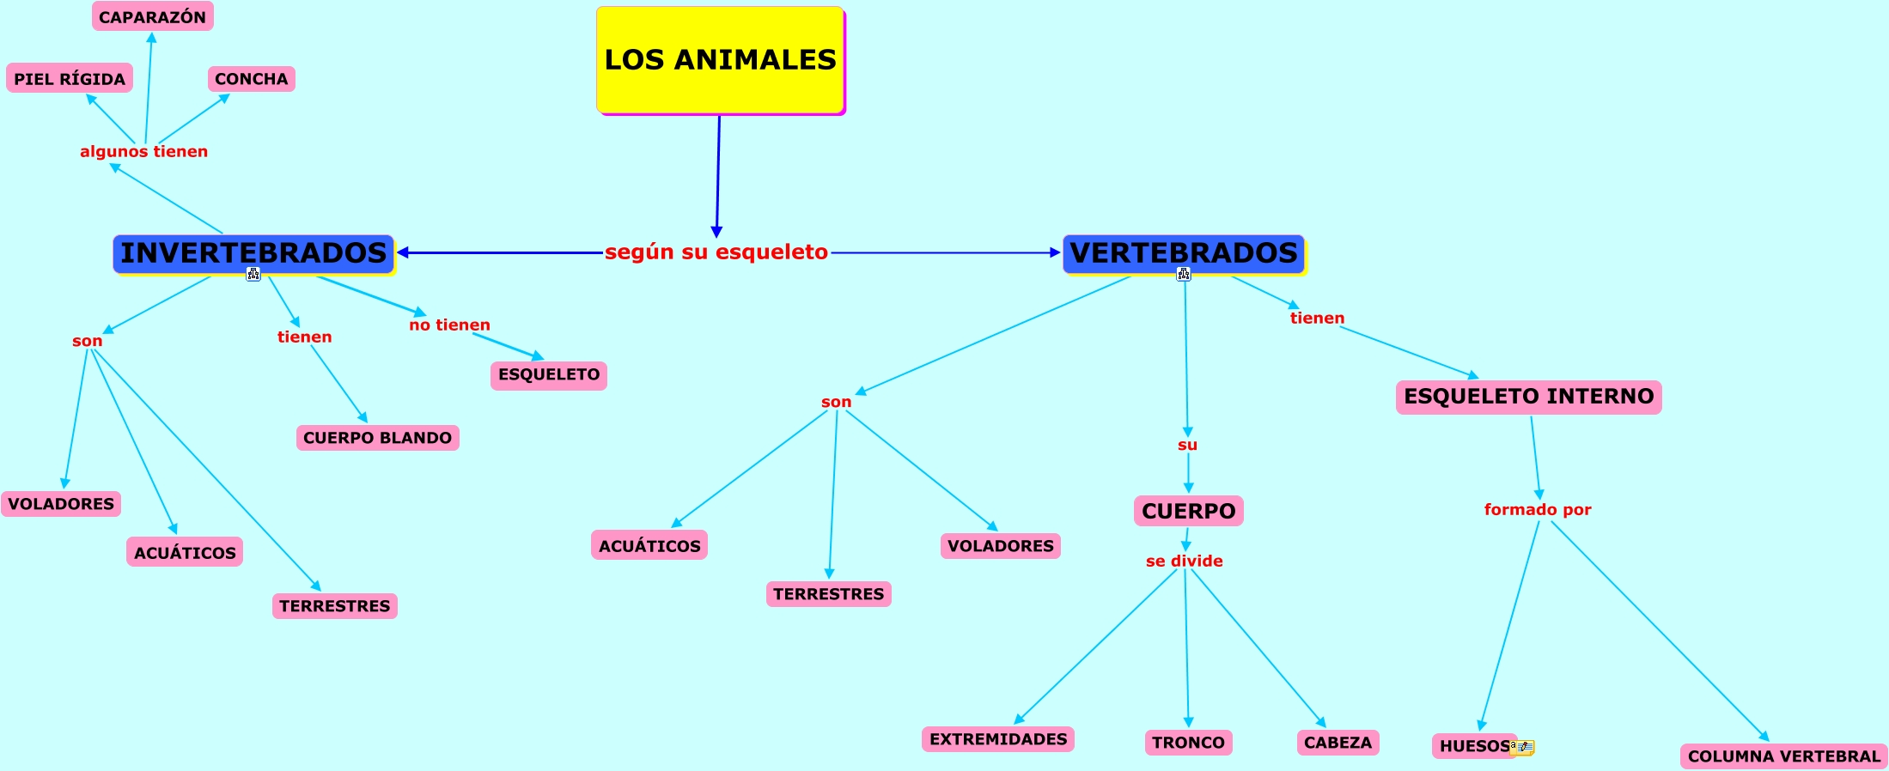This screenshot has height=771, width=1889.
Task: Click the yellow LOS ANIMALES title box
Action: tap(720, 59)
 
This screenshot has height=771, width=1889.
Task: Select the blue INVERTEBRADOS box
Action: tap(253, 253)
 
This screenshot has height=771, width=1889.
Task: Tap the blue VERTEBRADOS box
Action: tap(1184, 253)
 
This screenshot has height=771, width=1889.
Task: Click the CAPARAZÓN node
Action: tap(152, 17)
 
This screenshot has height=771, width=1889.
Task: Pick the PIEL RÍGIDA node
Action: tap(70, 79)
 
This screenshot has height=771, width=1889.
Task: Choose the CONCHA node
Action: tap(251, 79)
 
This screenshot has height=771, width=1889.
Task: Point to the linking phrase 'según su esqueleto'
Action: tap(716, 252)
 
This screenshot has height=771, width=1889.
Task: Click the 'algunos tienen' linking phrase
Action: tap(143, 152)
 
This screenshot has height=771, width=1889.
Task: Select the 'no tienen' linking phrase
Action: tap(449, 325)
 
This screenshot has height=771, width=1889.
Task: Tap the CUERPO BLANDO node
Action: tap(377, 438)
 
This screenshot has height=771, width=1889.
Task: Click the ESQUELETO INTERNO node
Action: tap(1528, 397)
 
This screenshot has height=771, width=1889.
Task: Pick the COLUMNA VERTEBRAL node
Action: tap(1783, 756)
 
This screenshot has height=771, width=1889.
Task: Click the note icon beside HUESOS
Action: tap(1523, 747)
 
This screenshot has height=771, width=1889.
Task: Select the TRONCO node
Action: tap(1188, 743)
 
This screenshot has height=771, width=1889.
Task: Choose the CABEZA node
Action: tap(1338, 743)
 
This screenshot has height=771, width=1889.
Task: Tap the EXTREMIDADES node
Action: tap(997, 739)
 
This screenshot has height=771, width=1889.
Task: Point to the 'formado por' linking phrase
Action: tap(1538, 510)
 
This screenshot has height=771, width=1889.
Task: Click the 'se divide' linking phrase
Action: tap(1184, 562)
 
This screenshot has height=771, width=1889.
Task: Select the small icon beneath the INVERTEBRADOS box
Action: tap(253, 275)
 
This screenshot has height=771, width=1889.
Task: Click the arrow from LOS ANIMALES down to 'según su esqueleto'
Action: tap(718, 172)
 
